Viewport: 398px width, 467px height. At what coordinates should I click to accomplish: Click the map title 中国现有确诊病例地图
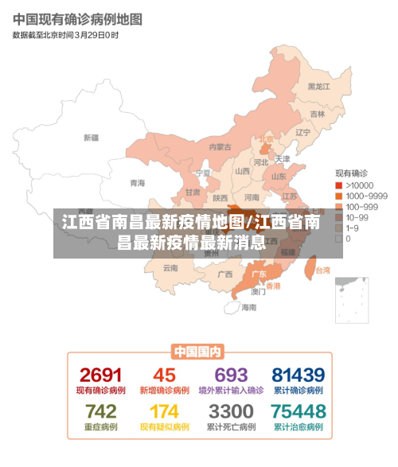(77, 18)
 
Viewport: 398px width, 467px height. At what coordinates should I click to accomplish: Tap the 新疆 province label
(92, 137)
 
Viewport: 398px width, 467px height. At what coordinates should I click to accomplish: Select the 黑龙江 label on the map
(318, 87)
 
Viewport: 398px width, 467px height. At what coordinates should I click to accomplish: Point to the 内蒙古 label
(220, 146)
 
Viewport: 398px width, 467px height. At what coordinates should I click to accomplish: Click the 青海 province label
(138, 182)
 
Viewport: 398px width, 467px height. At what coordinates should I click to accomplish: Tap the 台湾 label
(322, 270)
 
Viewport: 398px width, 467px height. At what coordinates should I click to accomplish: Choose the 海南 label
(249, 306)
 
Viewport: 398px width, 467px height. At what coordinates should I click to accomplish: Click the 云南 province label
(170, 268)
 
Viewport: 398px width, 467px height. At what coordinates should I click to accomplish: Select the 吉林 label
(317, 114)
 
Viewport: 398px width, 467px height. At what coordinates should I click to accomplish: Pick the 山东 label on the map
(279, 177)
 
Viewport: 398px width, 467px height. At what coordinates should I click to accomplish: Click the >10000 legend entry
(358, 185)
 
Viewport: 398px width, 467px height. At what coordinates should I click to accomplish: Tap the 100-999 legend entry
(360, 206)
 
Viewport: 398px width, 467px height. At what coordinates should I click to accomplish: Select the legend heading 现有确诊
(350, 173)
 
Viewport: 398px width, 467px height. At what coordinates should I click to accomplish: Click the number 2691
(100, 375)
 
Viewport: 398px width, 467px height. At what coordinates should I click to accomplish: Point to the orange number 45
(164, 375)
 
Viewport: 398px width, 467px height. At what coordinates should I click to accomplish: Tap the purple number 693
(231, 375)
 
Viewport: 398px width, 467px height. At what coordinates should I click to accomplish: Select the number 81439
(298, 375)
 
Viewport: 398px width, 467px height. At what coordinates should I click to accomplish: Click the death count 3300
(231, 411)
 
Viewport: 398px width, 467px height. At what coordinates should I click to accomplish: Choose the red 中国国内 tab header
(198, 351)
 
